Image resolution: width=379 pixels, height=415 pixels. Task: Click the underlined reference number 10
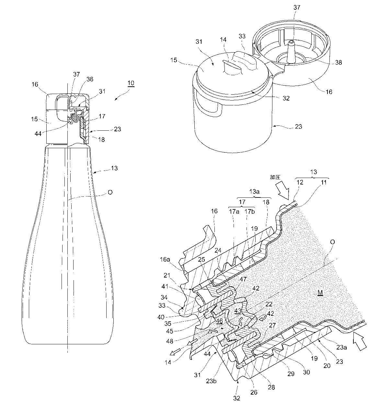pyautogui.click(x=131, y=83)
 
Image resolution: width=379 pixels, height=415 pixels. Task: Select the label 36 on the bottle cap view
pyautogui.click(x=90, y=79)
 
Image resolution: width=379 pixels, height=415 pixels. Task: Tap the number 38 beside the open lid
pyautogui.click(x=339, y=62)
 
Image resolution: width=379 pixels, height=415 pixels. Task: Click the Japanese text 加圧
pyautogui.click(x=275, y=177)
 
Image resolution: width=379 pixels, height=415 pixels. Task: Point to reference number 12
pyautogui.click(x=300, y=182)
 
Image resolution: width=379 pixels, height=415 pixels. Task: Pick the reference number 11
pyautogui.click(x=323, y=182)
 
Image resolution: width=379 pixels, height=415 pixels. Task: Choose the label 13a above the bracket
pyautogui.click(x=254, y=191)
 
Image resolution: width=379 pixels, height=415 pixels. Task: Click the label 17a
pyautogui.click(x=234, y=211)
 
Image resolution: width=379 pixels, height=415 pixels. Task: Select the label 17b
pyautogui.click(x=250, y=211)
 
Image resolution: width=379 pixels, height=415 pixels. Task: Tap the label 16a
pyautogui.click(x=165, y=259)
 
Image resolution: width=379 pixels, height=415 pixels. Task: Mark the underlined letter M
pyautogui.click(x=320, y=292)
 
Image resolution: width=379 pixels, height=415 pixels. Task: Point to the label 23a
pyautogui.click(x=341, y=347)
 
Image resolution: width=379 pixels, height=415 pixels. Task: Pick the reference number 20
pyautogui.click(x=327, y=366)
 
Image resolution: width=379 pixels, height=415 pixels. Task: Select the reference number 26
pyautogui.click(x=254, y=392)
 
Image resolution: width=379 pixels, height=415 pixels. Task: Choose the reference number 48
pyautogui.click(x=169, y=341)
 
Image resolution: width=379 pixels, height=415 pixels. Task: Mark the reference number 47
pyautogui.click(x=243, y=279)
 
